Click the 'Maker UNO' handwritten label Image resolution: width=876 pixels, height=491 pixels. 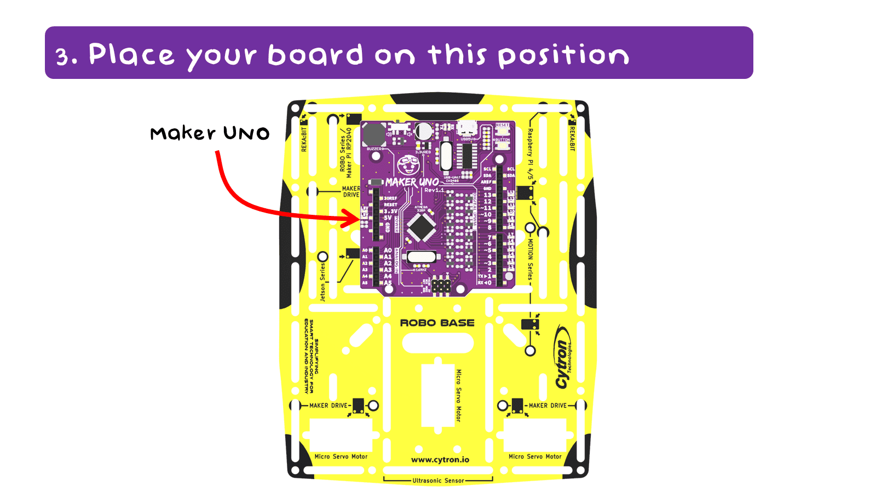click(x=210, y=133)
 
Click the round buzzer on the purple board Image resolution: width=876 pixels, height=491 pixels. click(x=374, y=134)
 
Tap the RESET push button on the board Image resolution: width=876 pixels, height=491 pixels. click(x=502, y=132)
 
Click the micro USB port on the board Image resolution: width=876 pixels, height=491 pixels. click(x=467, y=129)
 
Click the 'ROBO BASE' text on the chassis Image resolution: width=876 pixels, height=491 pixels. click(x=437, y=323)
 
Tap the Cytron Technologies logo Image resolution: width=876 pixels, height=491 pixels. click(x=563, y=357)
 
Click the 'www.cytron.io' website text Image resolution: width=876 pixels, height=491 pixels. click(x=440, y=460)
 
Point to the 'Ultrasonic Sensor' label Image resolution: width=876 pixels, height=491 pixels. click(x=438, y=481)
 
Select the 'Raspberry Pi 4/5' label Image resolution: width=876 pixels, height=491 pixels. click(x=530, y=154)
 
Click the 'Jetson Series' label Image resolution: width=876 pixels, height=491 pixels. click(x=322, y=282)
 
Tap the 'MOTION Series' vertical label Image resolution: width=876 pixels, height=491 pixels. click(x=530, y=259)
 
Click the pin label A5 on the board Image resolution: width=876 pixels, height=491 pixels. click(x=388, y=283)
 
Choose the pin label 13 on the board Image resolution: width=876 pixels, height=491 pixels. click(x=487, y=195)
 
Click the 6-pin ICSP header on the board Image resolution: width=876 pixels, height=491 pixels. click(x=441, y=286)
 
